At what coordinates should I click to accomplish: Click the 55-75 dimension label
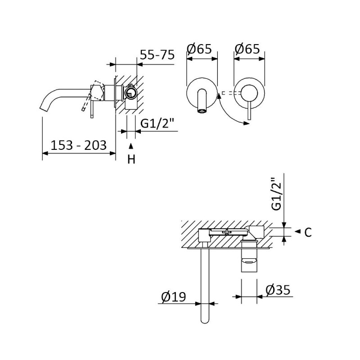[157, 55]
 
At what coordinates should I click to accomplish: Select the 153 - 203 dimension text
[78, 145]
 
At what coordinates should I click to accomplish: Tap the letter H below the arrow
[131, 159]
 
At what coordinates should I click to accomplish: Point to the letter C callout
[308, 232]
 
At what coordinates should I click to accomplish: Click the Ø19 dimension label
[173, 297]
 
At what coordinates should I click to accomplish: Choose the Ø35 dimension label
[278, 290]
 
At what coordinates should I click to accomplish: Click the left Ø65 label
[199, 49]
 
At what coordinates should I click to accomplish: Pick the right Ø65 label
[247, 49]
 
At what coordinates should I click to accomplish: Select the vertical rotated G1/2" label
[276, 194]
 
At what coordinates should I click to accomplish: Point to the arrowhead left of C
[297, 231]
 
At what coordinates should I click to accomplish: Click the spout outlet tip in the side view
[44, 109]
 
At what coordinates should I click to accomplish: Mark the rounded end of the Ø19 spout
[205, 321]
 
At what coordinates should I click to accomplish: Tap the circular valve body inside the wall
[130, 93]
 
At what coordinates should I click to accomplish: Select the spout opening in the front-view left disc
[202, 111]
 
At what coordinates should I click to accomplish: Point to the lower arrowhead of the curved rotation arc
[247, 123]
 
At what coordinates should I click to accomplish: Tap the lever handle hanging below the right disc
[249, 110]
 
